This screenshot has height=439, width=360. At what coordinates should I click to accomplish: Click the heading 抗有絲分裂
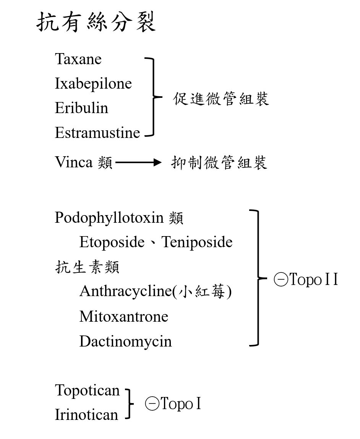96,23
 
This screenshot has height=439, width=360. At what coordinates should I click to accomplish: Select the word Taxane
78,59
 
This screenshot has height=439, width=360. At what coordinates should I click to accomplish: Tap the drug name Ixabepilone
93,84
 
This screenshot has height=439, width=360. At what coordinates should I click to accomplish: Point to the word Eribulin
81,108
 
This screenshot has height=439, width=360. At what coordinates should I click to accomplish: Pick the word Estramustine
97,133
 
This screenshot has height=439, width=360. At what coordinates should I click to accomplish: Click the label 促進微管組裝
221,99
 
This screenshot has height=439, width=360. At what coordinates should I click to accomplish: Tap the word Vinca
74,162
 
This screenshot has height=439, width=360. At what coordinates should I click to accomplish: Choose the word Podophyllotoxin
109,218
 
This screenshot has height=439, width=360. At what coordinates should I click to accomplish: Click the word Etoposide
112,242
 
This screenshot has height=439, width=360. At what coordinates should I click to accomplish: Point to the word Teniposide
197,242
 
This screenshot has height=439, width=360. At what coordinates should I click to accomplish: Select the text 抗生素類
87,267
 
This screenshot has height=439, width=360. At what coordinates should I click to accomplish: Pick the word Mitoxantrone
124,316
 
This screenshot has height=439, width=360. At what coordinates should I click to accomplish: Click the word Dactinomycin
125,341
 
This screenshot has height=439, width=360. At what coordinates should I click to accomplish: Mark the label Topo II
313,280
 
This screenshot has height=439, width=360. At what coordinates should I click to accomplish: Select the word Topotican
88,390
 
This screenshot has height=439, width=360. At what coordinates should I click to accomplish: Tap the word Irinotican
86,415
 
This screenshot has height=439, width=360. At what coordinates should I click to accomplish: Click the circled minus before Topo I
152,404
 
